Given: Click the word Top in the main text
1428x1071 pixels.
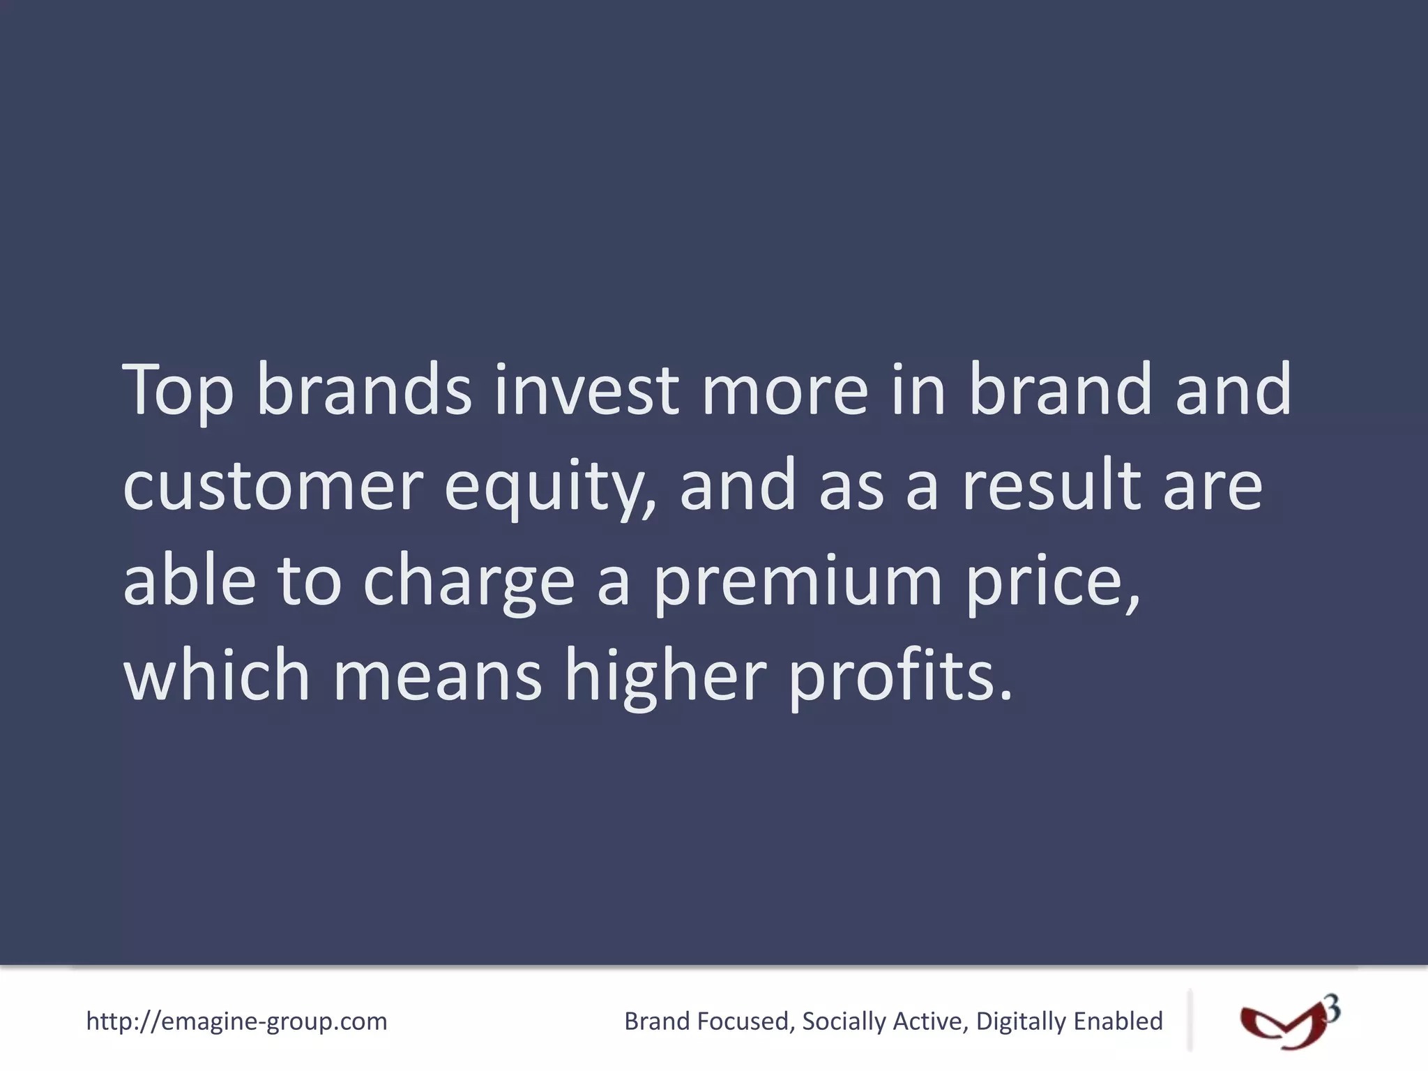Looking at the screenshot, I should tap(178, 390).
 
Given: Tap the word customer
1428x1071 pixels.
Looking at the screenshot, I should tap(273, 486).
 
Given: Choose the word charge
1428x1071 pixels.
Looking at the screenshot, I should tap(469, 582).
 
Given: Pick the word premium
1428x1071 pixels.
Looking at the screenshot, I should tap(798, 582).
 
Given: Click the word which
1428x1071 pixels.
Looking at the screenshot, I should tap(216, 675).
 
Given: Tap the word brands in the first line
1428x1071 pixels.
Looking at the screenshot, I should tap(364, 390).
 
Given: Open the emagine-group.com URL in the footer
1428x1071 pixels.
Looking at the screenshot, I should tap(236, 1021).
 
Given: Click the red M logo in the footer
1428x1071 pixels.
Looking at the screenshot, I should tap(1282, 1025).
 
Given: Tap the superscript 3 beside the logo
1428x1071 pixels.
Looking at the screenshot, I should tap(1332, 1009).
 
